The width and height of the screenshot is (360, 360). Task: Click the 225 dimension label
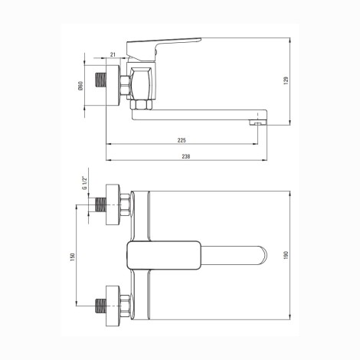[182, 140]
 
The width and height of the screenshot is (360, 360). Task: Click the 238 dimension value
[186, 156]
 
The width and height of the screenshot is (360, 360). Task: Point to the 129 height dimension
[286, 80]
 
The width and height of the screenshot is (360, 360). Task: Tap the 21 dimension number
[113, 54]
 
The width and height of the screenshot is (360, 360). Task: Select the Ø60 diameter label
[80, 86]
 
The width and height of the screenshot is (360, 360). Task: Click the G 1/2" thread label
[84, 183]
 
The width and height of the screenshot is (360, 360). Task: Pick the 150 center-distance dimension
[73, 257]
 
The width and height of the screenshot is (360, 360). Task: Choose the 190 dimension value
[286, 255]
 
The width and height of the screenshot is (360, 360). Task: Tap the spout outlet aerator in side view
[258, 123]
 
